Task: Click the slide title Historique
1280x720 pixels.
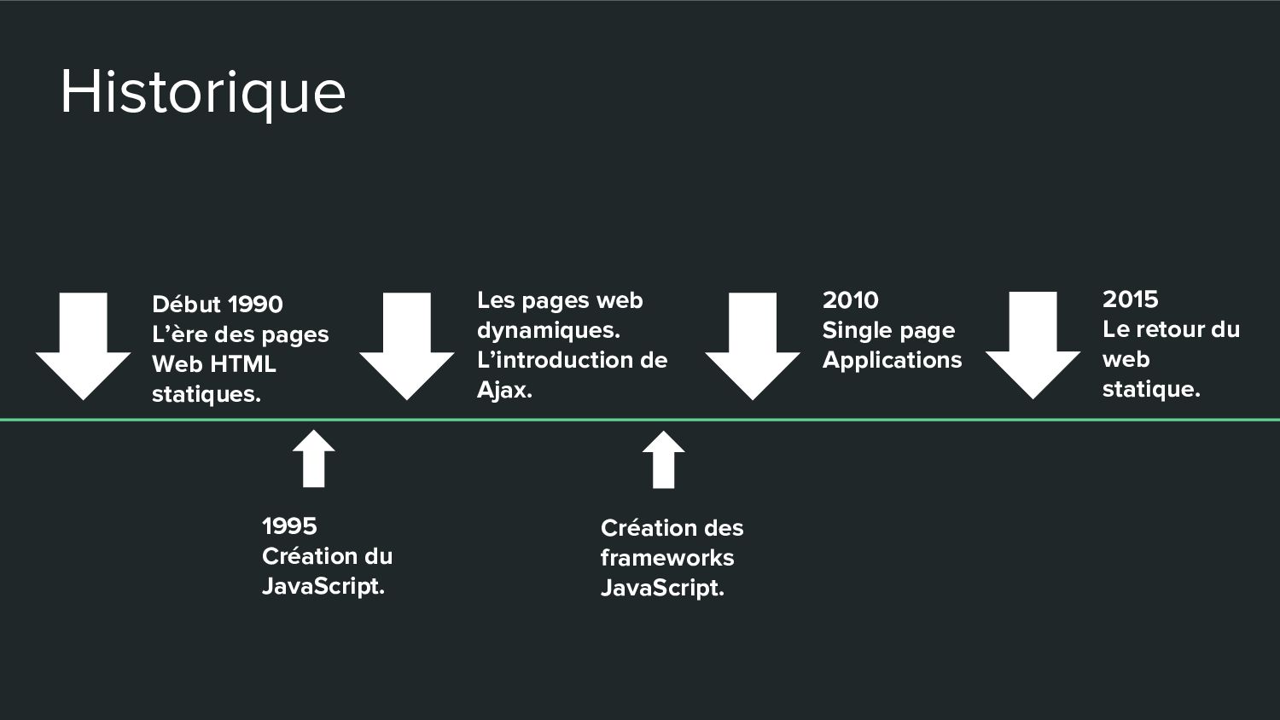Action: click(202, 92)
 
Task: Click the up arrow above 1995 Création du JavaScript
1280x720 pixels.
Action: click(313, 459)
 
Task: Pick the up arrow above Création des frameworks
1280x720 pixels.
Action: click(663, 460)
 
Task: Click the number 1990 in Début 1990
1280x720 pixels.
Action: click(255, 305)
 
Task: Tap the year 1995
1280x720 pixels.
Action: click(289, 526)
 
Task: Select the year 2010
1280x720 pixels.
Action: click(850, 300)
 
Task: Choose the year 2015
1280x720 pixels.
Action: click(1130, 299)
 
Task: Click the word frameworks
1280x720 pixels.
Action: click(666, 558)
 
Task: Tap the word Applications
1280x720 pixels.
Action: click(892, 360)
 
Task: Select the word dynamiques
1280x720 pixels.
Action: click(546, 331)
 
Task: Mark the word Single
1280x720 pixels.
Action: click(852, 330)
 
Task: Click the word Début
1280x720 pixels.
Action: click(186, 305)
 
